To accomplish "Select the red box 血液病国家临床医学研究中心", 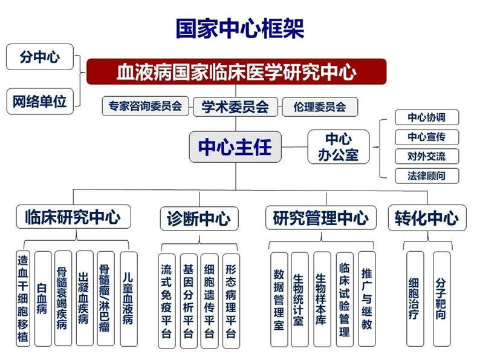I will pyautogui.click(x=236, y=72).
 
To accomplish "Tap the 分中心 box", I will pyautogui.click(x=39, y=57).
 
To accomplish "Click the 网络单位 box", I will pyautogui.click(x=39, y=101).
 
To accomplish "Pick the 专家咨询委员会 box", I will pyautogui.click(x=145, y=106).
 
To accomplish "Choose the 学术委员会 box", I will pyautogui.click(x=235, y=106).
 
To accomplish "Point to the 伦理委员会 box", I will pyautogui.click(x=319, y=106).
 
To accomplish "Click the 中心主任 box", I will pyautogui.click(x=235, y=146).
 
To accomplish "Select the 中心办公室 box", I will pyautogui.click(x=339, y=146).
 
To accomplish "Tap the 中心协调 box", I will pyautogui.click(x=426, y=117).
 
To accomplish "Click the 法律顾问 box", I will pyautogui.click(x=426, y=176).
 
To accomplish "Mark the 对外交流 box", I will pyautogui.click(x=426, y=156).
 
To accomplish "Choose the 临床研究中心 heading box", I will pyautogui.click(x=73, y=217).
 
